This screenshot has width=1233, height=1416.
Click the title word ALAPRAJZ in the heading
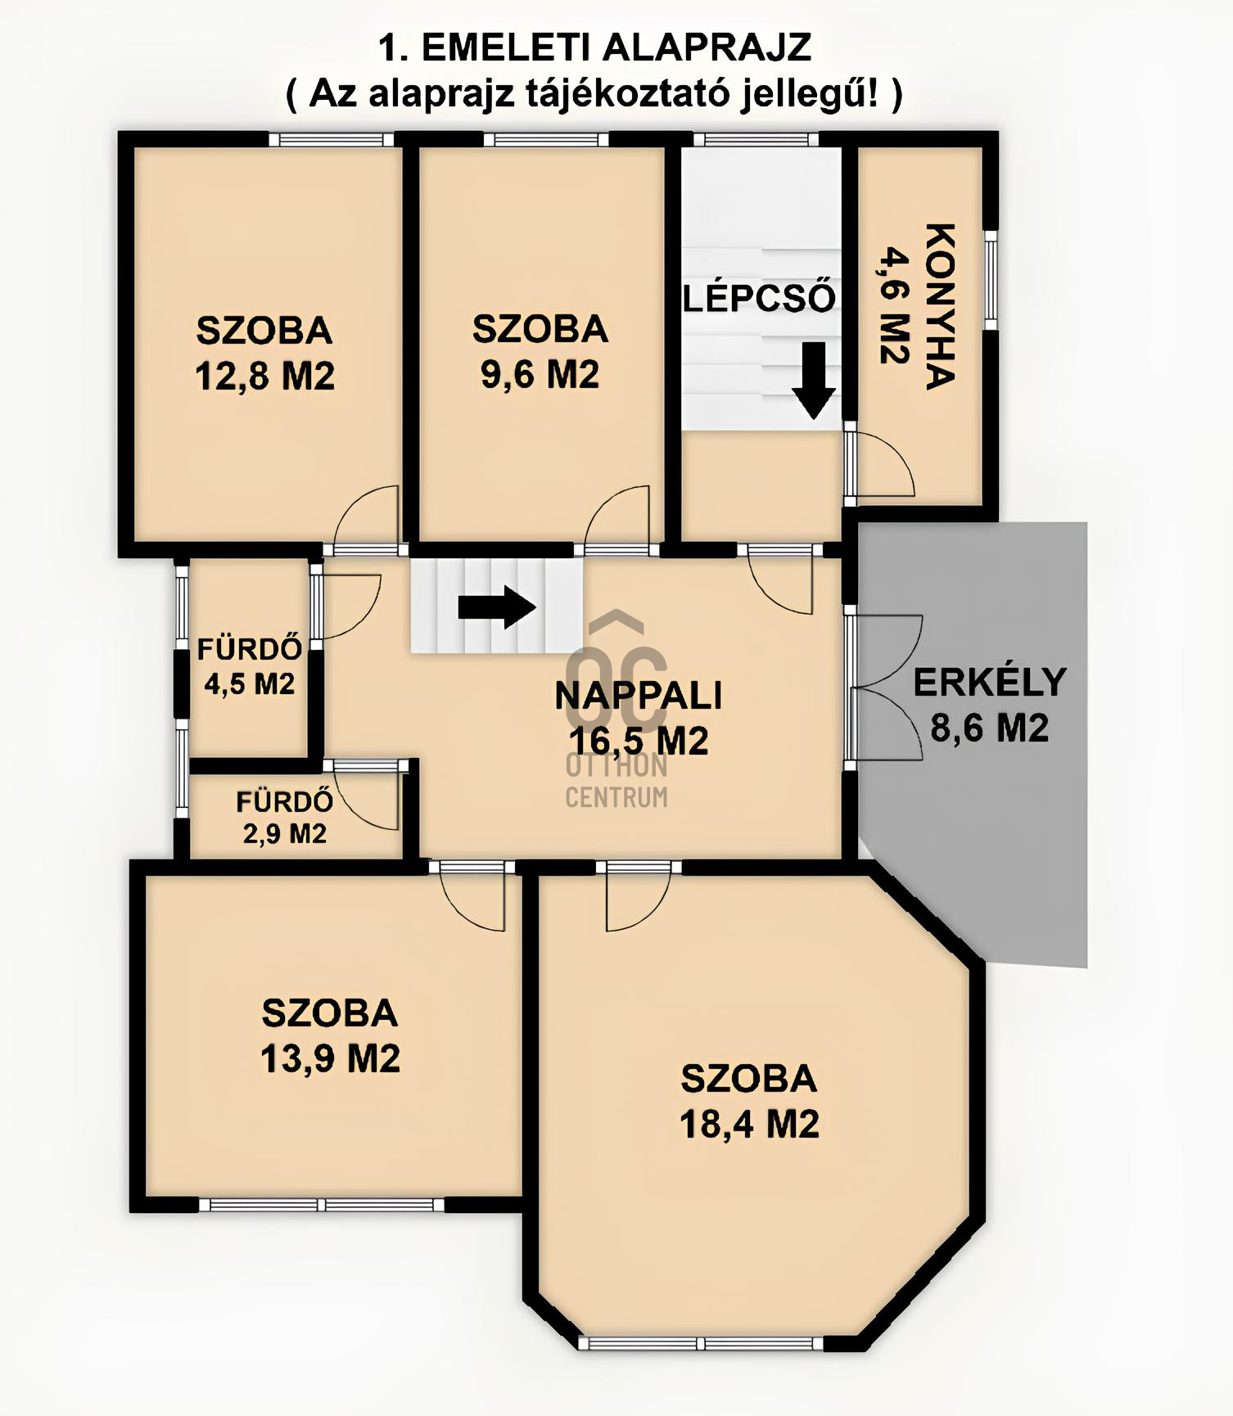[707, 47]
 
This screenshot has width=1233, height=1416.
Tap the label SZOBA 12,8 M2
[264, 354]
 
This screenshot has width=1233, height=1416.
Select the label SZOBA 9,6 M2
[540, 352]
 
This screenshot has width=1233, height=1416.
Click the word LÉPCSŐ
[759, 298]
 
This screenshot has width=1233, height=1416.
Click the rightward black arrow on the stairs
[497, 607]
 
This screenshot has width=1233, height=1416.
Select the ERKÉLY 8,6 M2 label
[989, 705]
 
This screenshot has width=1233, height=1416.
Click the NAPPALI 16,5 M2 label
[639, 718]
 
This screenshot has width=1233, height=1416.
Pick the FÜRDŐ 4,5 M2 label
[249, 666]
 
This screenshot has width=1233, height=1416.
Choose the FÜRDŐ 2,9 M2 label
[284, 817]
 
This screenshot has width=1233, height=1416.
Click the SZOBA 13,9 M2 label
[330, 1035]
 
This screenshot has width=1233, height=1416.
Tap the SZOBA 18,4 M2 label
[749, 1101]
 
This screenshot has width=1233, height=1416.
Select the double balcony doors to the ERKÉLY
[884, 688]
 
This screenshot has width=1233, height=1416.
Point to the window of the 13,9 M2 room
[322, 1204]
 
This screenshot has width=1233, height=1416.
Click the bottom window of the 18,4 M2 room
[702, 1343]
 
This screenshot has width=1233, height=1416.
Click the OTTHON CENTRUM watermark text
[616, 782]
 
